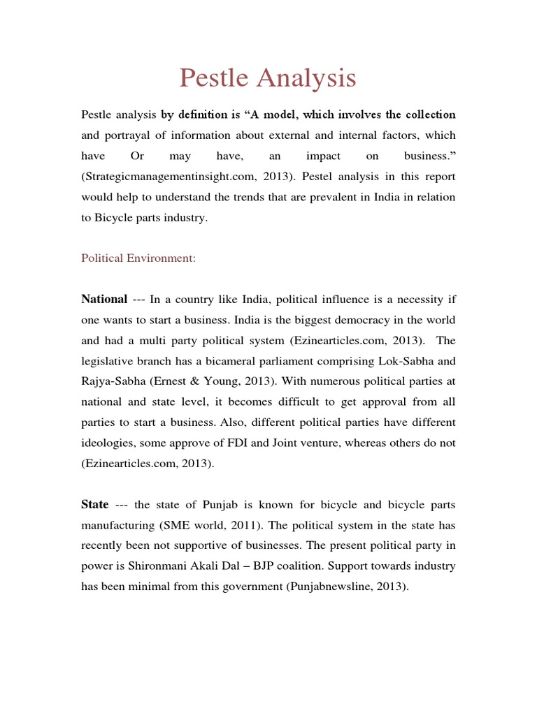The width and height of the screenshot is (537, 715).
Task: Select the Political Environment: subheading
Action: [x=138, y=258]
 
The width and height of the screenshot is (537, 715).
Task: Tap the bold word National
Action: [x=104, y=300]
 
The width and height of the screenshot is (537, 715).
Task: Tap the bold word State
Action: [x=95, y=505]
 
